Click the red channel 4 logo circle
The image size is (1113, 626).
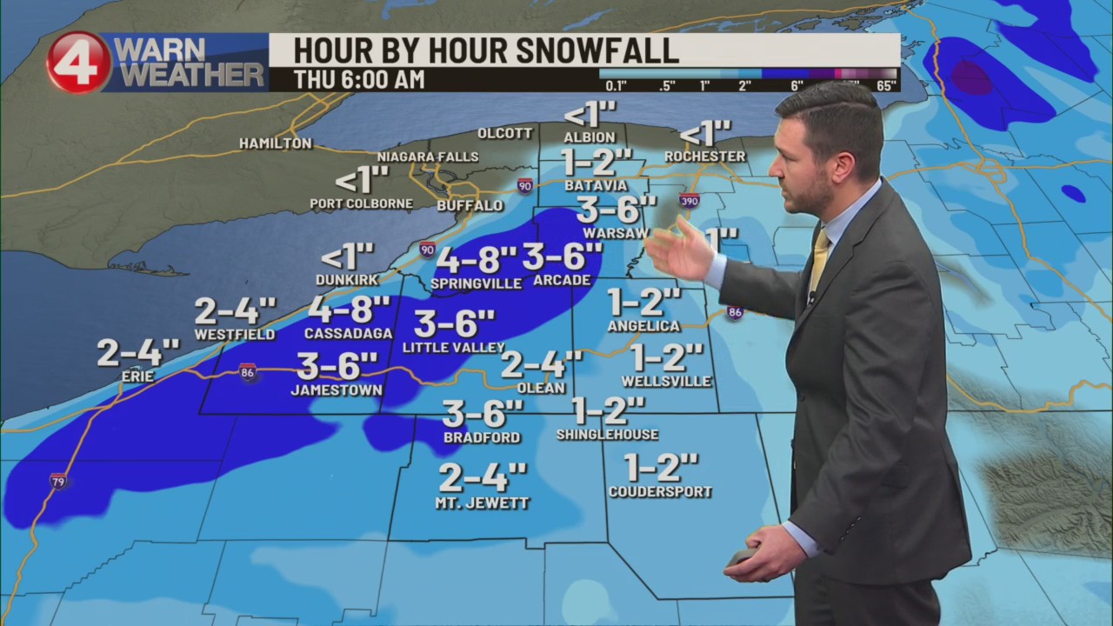(x=78, y=63)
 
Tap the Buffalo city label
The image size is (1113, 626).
(x=470, y=206)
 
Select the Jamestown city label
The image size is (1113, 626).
(x=337, y=390)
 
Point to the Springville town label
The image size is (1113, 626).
(x=476, y=283)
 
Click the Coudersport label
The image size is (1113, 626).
(x=660, y=492)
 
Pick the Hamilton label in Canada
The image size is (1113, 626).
(x=275, y=143)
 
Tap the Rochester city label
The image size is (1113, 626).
(x=705, y=156)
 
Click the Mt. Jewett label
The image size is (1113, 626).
(x=483, y=503)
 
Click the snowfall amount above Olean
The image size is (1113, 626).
(x=541, y=363)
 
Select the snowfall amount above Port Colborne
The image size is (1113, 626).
(x=361, y=181)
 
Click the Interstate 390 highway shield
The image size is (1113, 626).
(x=689, y=201)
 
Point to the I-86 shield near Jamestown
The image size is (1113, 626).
(x=248, y=372)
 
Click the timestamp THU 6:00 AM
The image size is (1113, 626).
(x=359, y=80)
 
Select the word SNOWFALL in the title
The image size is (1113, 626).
(x=599, y=50)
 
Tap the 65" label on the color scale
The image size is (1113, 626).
(x=887, y=85)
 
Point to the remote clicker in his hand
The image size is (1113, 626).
(x=743, y=556)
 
